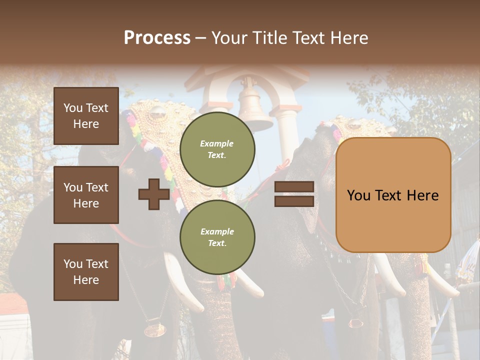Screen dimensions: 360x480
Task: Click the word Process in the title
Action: point(157,38)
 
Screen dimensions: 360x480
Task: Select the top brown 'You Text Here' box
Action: point(86,116)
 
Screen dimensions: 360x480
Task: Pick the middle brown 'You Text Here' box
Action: point(86,195)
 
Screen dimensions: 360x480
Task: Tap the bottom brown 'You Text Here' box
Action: point(86,271)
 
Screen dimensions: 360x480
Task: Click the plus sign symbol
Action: point(154,194)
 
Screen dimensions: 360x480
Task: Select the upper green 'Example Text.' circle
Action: point(217,149)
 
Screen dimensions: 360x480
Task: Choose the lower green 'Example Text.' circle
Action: point(217,237)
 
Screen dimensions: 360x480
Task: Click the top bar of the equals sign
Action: point(294,187)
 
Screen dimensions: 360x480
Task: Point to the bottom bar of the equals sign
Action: point(294,201)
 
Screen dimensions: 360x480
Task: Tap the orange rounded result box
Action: point(393,195)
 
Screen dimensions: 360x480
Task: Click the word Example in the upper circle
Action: point(217,143)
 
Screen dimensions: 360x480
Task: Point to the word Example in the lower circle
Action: point(217,231)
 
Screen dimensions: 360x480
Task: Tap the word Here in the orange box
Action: point(422,195)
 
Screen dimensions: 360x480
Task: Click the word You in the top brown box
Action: point(73,108)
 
